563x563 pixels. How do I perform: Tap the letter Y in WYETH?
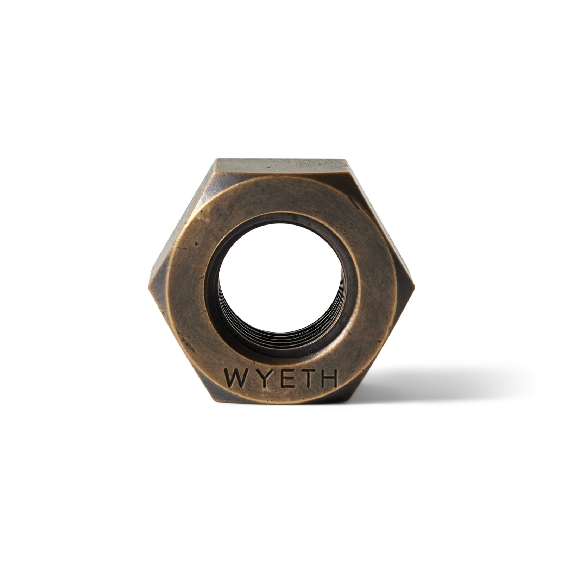point(260,378)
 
